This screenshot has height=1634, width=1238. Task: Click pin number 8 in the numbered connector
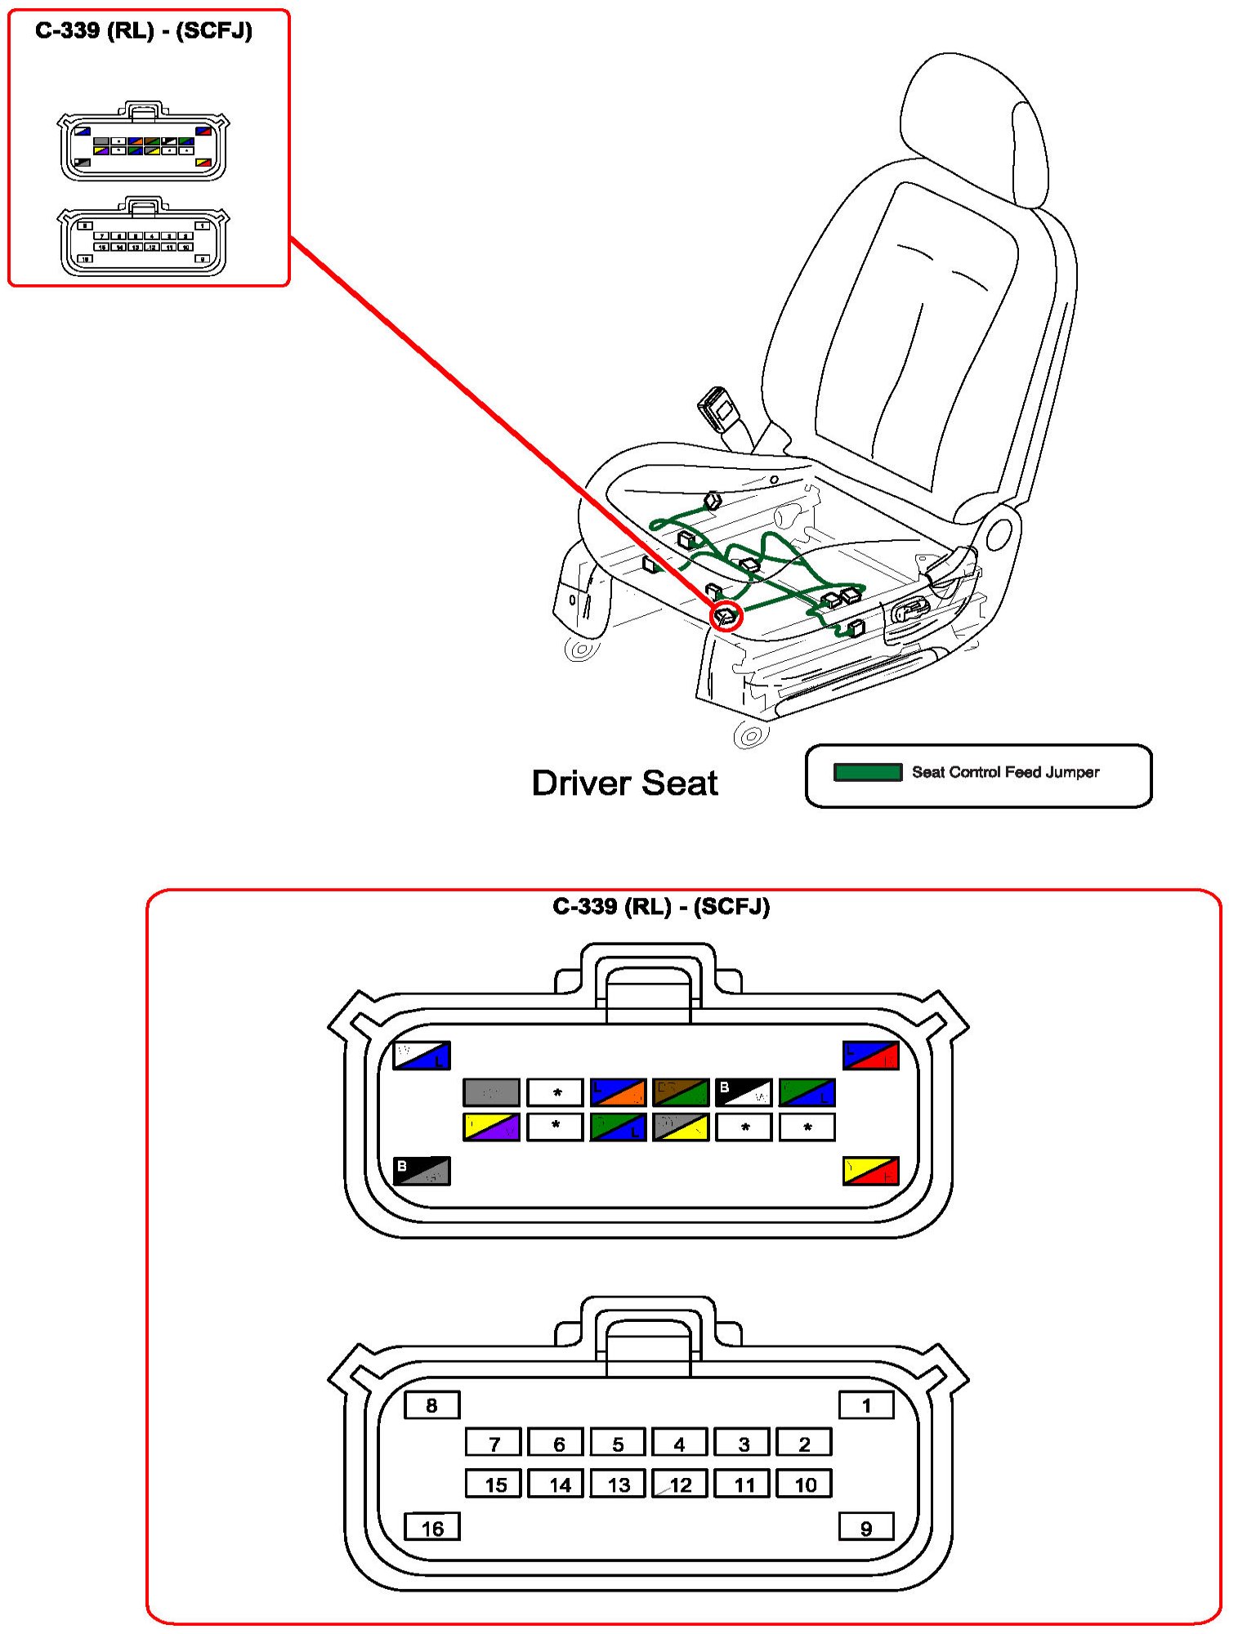(x=432, y=1405)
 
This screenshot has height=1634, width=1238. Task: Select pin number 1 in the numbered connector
(x=866, y=1405)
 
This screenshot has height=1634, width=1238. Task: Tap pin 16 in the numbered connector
(x=432, y=1527)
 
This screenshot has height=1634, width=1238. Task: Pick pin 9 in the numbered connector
(x=866, y=1527)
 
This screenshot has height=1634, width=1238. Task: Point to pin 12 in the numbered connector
(x=680, y=1484)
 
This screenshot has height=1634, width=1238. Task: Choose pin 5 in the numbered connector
(x=618, y=1443)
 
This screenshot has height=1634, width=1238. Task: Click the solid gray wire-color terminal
(x=491, y=1092)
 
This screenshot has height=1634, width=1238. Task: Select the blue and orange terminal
(x=618, y=1092)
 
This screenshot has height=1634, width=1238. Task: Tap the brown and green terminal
(x=681, y=1092)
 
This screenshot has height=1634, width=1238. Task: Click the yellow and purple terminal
(x=491, y=1127)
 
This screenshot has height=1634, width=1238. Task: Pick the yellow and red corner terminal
(x=871, y=1171)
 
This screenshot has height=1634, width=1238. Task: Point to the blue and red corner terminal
(x=871, y=1056)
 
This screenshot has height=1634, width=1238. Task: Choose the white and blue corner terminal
(x=422, y=1056)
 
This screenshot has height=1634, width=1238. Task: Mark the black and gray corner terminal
(x=422, y=1171)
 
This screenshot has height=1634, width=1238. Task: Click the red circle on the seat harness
(x=726, y=615)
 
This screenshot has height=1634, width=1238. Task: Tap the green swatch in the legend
(x=867, y=772)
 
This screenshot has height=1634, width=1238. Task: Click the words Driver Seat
(x=624, y=783)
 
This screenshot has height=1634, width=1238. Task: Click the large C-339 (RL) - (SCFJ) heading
(x=661, y=907)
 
